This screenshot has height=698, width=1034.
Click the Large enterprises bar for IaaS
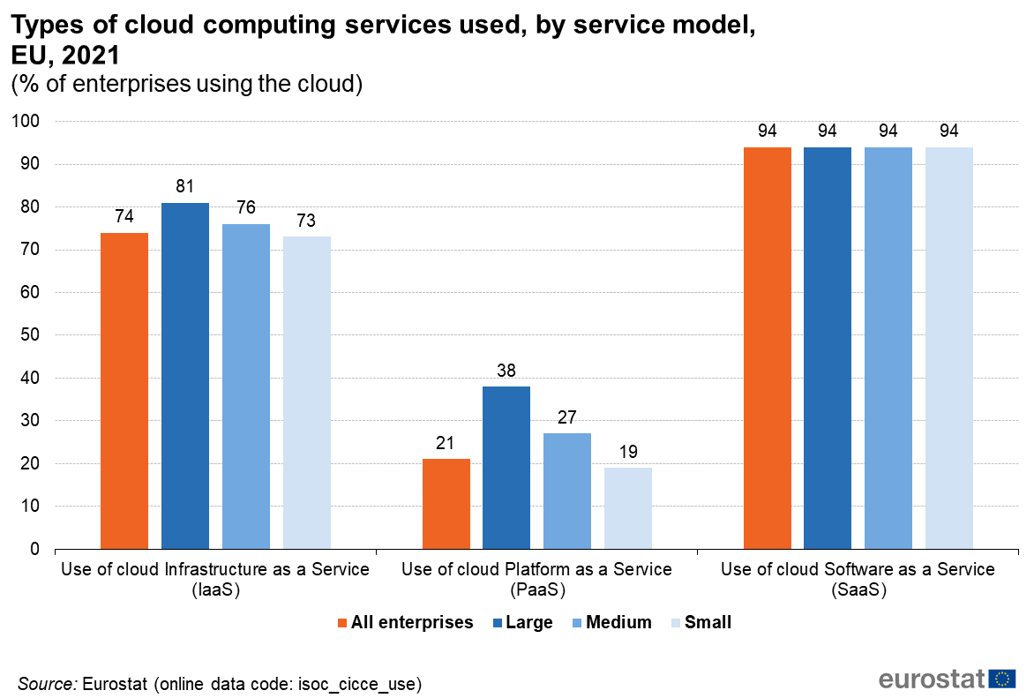pos(185,376)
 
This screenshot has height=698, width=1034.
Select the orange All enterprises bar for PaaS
pos(446,504)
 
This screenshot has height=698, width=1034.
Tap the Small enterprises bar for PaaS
pos(628,508)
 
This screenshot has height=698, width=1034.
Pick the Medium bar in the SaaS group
pos(888,348)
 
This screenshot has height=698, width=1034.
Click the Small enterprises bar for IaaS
pos(307,393)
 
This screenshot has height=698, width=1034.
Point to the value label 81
pos(184,186)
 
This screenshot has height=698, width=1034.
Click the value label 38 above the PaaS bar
pos(506,370)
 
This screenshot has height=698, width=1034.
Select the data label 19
pos(628,451)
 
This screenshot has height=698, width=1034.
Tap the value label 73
pos(306,221)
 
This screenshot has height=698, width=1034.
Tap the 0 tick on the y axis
pos(34,550)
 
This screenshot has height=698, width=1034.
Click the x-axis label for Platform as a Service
pos(536,579)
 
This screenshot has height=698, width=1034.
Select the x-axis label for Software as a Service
pos(858,579)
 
